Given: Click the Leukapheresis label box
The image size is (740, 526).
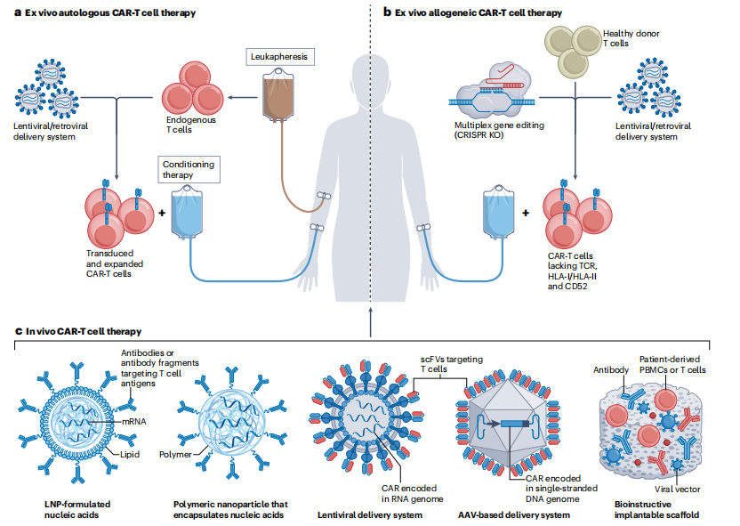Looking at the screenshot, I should click(x=278, y=56).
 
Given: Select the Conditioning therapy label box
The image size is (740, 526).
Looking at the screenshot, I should click(x=189, y=169).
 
